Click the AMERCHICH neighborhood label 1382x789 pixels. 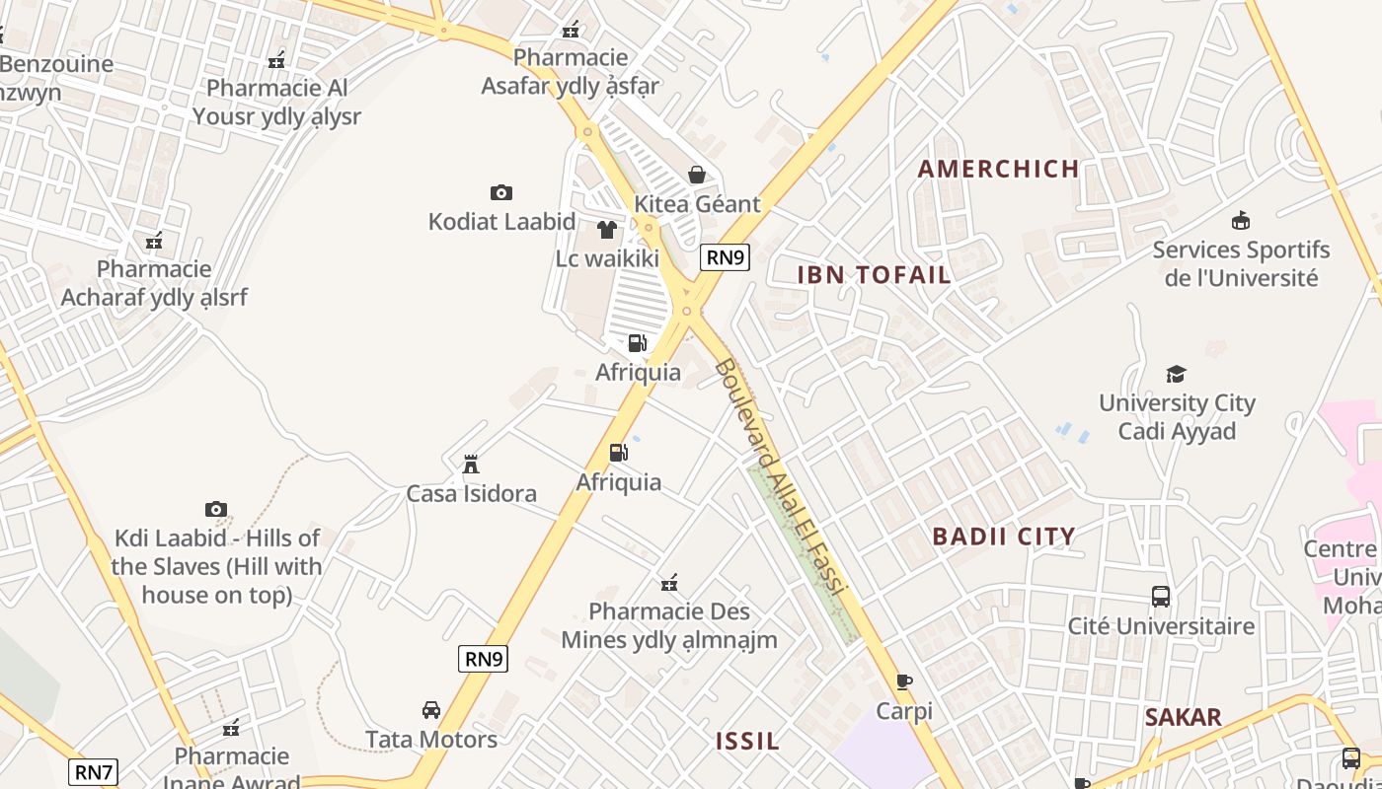pyautogui.click(x=998, y=169)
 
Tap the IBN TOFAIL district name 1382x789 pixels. pyautogui.click(x=874, y=275)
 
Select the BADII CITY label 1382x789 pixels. pyautogui.click(x=1004, y=537)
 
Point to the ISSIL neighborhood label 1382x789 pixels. pyautogui.click(x=747, y=741)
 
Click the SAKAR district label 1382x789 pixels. pyautogui.click(x=1183, y=717)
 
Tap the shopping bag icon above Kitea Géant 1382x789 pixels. pyautogui.click(x=697, y=175)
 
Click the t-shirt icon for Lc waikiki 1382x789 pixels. pyautogui.click(x=606, y=230)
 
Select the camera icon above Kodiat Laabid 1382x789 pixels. pyautogui.click(x=501, y=192)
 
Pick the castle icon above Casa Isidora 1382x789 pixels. pyautogui.click(x=471, y=464)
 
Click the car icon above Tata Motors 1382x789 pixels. pyautogui.click(x=431, y=710)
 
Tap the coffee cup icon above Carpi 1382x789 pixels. pyautogui.click(x=904, y=681)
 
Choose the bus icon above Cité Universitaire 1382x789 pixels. pyautogui.click(x=1161, y=597)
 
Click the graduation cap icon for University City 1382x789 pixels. pyautogui.click(x=1176, y=374)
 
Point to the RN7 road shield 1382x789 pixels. pyautogui.click(x=94, y=771)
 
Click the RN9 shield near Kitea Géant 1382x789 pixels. pyautogui.click(x=725, y=257)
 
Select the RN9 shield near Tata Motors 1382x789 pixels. pyautogui.click(x=483, y=659)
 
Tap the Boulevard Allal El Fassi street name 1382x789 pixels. pyautogui.click(x=780, y=477)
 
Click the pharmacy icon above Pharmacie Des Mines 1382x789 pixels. pyautogui.click(x=669, y=583)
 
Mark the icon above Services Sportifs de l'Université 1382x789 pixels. pyautogui.click(x=1241, y=220)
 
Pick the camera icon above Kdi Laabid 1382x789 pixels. pyautogui.click(x=216, y=509)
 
